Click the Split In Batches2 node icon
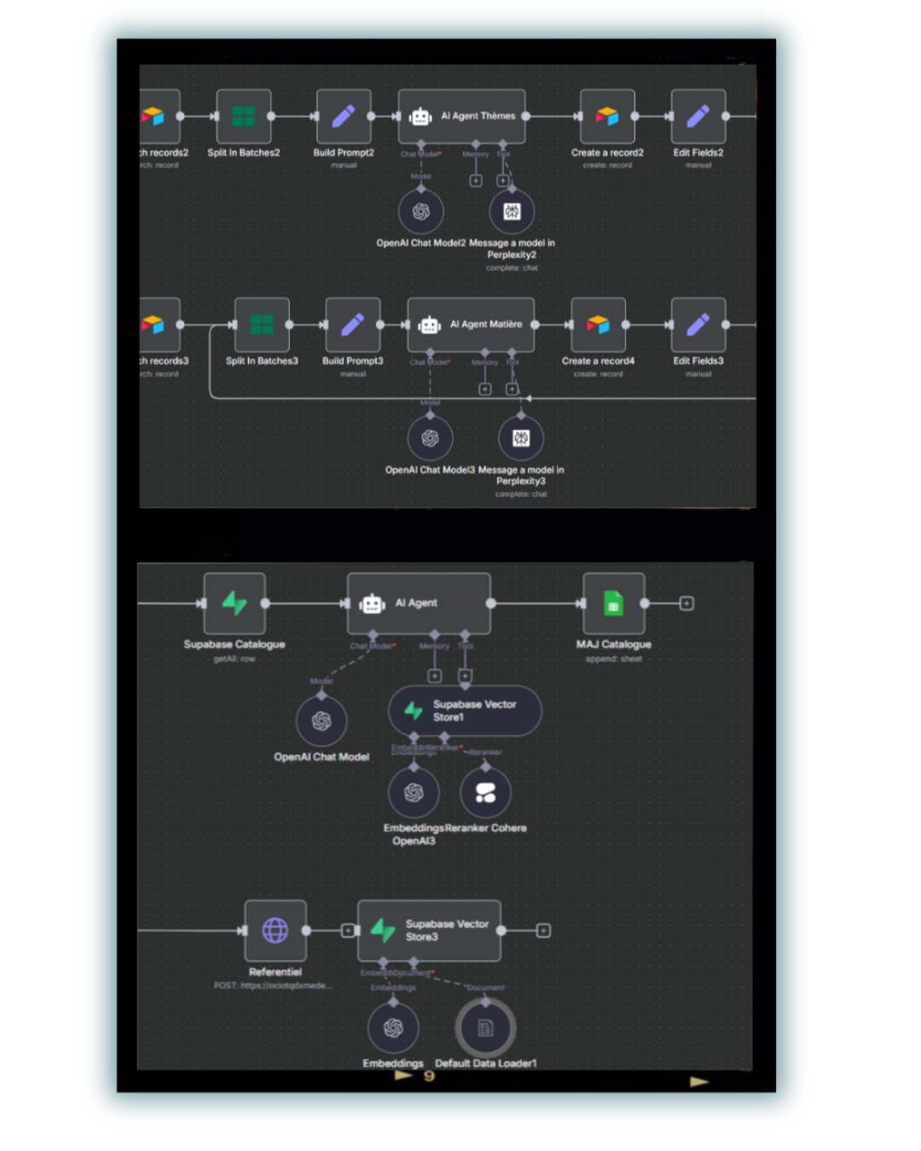(244, 117)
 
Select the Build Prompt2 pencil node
(344, 117)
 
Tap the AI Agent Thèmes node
(462, 117)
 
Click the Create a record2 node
(607, 117)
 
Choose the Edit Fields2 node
(698, 117)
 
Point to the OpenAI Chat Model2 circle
(421, 211)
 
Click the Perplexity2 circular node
(512, 211)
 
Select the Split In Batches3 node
(262, 325)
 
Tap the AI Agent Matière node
(471, 325)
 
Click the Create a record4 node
(599, 325)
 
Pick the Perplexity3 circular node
(521, 438)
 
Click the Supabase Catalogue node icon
(235, 604)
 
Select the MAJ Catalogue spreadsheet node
(614, 604)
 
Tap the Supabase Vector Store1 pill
(465, 711)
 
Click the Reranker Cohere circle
(486, 793)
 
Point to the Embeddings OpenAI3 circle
(414, 793)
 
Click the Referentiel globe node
(275, 930)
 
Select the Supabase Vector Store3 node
(429, 930)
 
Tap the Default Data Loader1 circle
(485, 1028)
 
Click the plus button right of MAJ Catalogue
(686, 604)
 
